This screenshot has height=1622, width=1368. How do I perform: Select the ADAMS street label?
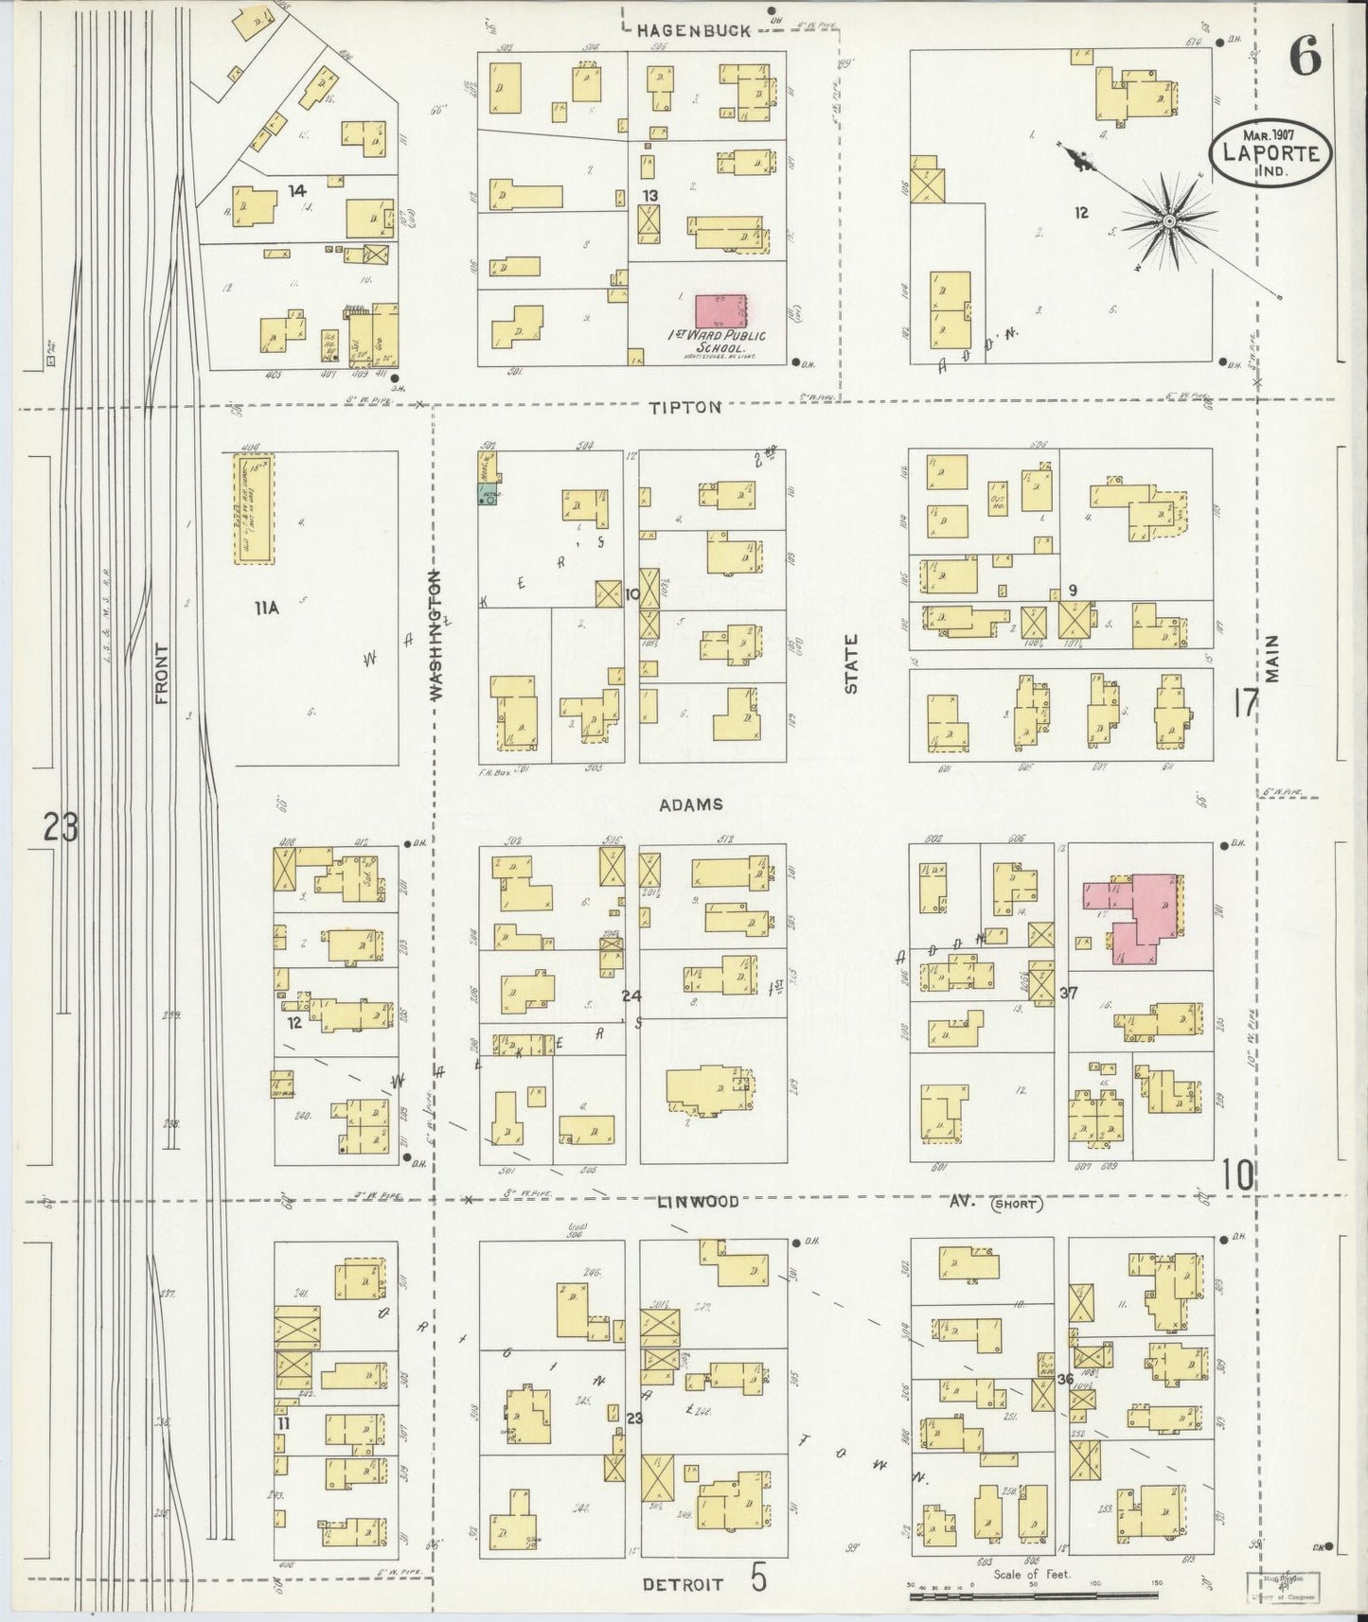click(x=692, y=804)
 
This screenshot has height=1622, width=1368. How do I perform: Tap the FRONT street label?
click(x=162, y=675)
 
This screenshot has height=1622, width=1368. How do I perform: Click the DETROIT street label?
click(x=683, y=1583)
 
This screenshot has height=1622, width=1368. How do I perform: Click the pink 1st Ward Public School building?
click(x=721, y=311)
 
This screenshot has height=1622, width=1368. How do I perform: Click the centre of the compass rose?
click(x=1169, y=221)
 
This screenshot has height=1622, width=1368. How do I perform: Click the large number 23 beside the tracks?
click(x=60, y=829)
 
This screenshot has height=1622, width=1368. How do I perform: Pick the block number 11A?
click(x=266, y=609)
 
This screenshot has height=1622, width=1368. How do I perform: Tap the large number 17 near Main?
click(x=1245, y=704)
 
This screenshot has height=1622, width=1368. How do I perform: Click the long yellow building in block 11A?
click(x=254, y=510)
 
